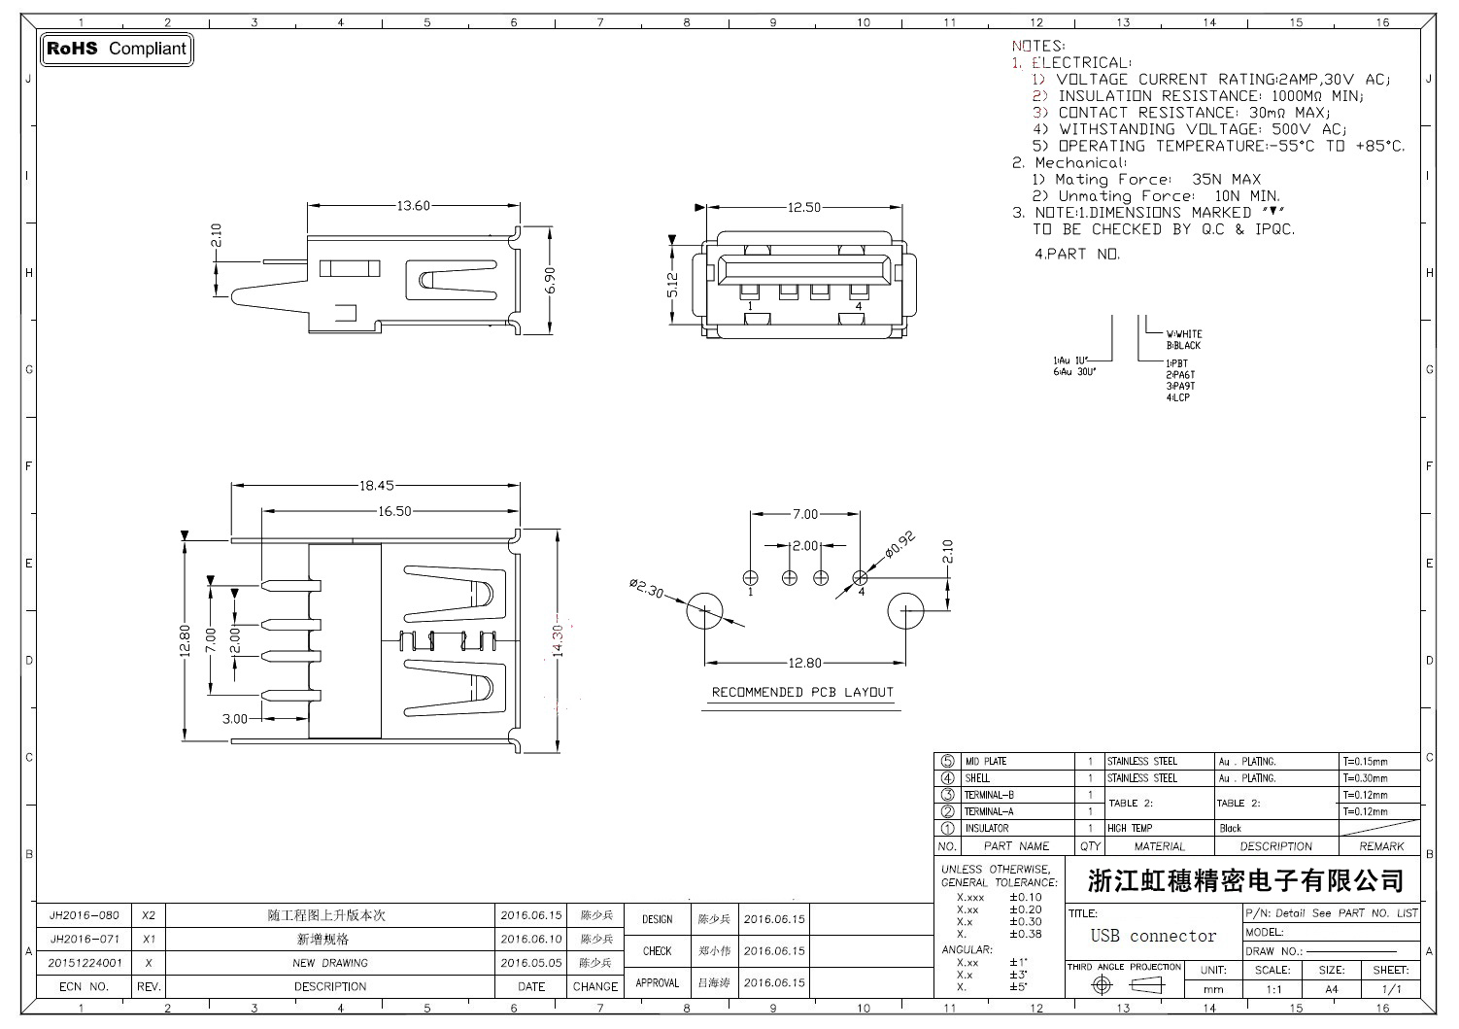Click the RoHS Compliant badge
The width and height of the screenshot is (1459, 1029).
tap(116, 49)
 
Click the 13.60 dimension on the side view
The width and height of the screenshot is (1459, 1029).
tap(414, 206)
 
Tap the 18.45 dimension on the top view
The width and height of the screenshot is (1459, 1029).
tap(377, 486)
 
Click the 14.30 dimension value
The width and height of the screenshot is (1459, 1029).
tap(558, 640)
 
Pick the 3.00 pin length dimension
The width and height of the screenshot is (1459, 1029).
tap(235, 719)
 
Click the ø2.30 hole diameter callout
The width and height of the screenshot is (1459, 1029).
tap(647, 589)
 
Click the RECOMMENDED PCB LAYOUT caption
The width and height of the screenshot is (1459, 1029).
tap(802, 693)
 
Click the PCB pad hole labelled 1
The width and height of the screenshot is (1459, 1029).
tap(750, 576)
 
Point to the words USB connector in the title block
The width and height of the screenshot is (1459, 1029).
tap(1153, 937)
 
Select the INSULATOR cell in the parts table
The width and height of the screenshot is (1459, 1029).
tap(987, 829)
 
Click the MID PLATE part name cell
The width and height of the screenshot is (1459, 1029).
tap(986, 762)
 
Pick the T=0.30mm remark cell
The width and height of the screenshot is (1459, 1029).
tap(1365, 778)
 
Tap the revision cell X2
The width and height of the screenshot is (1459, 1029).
tap(149, 915)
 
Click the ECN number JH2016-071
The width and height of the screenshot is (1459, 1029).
tap(85, 940)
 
